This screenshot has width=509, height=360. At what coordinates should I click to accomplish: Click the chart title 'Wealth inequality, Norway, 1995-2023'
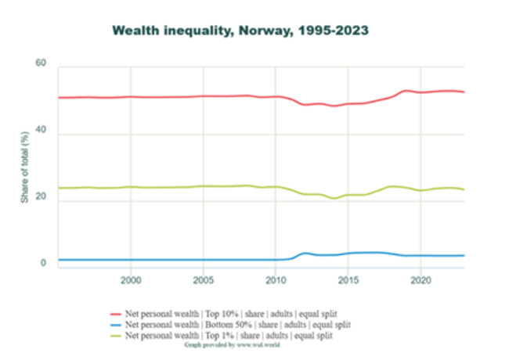tap(240, 31)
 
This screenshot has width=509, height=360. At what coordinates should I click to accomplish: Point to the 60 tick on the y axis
tap(41, 63)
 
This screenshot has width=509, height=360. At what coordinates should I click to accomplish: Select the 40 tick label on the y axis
tap(41, 132)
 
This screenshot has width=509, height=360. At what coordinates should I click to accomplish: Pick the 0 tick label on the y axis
tap(44, 264)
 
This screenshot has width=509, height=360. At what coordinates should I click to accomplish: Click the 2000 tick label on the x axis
tap(131, 279)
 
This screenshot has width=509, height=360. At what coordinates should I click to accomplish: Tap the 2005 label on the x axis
tap(203, 279)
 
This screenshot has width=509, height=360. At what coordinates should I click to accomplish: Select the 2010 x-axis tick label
tap(276, 279)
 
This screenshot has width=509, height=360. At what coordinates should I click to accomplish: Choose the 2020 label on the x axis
tap(421, 279)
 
